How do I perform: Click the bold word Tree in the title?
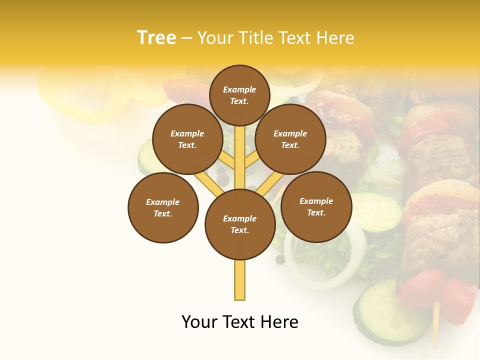click(x=156, y=38)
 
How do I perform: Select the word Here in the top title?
click(x=335, y=38)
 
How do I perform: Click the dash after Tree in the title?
click(x=186, y=38)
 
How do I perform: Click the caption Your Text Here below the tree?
click(x=239, y=322)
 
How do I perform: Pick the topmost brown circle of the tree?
click(x=239, y=95)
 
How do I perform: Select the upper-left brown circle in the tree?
click(x=187, y=139)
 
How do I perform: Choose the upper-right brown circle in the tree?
click(x=290, y=139)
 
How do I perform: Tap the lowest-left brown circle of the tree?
click(x=163, y=207)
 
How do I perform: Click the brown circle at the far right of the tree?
click(x=316, y=206)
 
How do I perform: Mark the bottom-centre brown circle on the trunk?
click(x=240, y=224)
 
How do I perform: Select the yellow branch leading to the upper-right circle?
click(x=251, y=160)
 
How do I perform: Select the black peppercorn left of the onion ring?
click(x=280, y=259)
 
